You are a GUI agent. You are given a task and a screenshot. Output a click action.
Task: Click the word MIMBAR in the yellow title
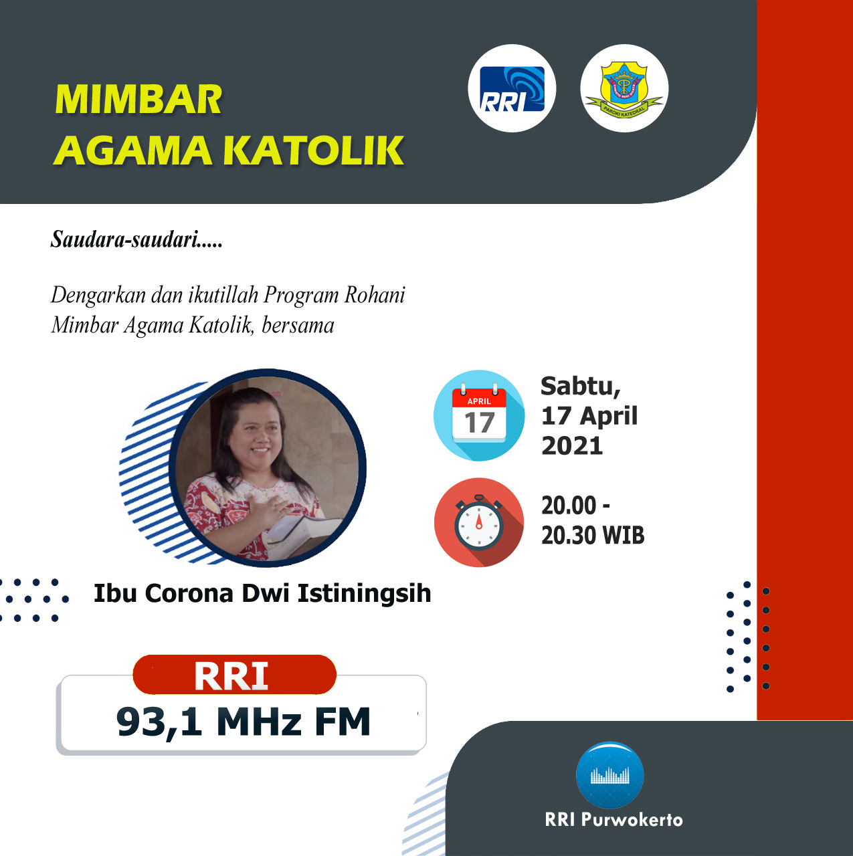(138, 100)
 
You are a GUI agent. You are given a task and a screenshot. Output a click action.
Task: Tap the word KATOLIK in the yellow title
(313, 150)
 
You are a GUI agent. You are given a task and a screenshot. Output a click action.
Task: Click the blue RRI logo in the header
(512, 88)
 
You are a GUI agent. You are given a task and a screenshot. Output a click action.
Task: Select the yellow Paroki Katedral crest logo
(624, 88)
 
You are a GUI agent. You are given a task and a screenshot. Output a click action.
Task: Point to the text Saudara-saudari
(136, 239)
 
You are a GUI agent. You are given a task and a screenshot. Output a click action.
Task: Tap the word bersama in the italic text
(298, 325)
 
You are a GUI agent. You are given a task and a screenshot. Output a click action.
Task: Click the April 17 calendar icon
(479, 415)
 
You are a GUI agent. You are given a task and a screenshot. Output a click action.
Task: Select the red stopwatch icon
(479, 522)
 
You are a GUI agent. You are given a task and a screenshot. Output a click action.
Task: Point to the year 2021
(572, 445)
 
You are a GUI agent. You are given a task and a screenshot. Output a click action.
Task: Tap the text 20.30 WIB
(593, 535)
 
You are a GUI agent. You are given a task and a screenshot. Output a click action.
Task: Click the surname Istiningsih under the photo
(364, 594)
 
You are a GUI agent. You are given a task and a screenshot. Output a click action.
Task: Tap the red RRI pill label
(234, 674)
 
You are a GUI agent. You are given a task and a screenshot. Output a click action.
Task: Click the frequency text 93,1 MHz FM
(243, 722)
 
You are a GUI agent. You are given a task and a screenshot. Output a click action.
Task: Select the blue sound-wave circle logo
(609, 774)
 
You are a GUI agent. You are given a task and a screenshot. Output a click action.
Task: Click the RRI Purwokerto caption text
(613, 820)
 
